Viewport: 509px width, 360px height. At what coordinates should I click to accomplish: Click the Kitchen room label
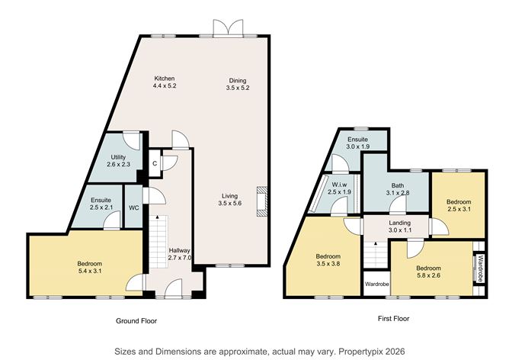(x=165, y=83)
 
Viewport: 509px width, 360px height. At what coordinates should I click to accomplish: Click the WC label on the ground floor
(x=133, y=207)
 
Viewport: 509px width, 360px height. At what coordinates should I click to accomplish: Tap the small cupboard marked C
(x=155, y=162)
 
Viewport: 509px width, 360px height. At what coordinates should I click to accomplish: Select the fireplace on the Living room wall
(x=261, y=200)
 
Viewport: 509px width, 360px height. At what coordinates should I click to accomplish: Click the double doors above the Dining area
(x=231, y=28)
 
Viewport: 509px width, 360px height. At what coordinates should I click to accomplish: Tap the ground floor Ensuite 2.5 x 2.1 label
(x=101, y=204)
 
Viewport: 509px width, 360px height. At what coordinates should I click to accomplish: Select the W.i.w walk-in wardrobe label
(x=339, y=187)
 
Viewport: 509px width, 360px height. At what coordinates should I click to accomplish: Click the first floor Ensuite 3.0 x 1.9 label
(x=358, y=144)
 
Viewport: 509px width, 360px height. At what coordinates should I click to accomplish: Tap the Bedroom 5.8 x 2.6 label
(x=429, y=272)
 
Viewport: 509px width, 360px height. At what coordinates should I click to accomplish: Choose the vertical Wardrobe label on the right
(x=480, y=268)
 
